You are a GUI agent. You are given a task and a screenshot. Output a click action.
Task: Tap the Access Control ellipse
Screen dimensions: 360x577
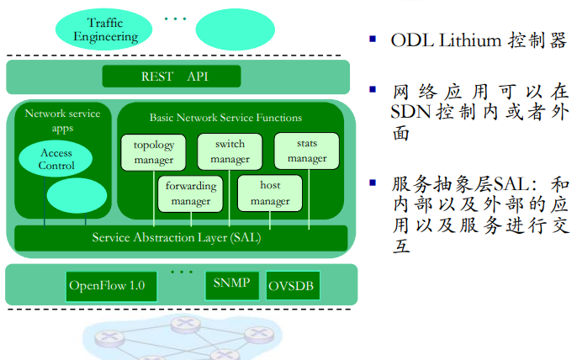coord(56,159)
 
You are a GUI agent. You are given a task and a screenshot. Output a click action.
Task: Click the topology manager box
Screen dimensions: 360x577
coord(153,152)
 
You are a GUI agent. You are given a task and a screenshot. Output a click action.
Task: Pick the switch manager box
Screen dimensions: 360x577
coord(230,151)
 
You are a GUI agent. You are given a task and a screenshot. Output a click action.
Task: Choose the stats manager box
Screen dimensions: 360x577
coord(306,151)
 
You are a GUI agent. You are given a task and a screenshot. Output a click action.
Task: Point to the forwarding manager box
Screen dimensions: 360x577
coord(191,193)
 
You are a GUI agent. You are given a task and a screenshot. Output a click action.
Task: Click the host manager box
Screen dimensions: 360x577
coord(269,193)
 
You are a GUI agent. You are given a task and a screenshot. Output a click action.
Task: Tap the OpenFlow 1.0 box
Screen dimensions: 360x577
coord(106,286)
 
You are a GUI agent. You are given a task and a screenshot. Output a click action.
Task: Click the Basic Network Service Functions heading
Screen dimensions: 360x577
coord(225,118)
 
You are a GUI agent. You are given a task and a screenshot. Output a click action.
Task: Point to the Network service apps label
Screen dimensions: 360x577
coord(62,120)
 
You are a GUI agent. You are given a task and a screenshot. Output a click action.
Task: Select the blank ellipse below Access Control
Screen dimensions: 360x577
coord(77,196)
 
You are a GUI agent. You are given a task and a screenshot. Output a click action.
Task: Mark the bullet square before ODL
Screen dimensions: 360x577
coord(371,40)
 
